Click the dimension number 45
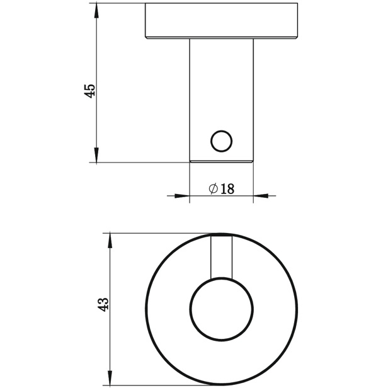click(x=89, y=91)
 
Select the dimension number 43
click(x=103, y=304)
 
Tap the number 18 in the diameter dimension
click(x=227, y=189)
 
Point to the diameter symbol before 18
click(x=214, y=189)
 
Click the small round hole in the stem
click(x=221, y=141)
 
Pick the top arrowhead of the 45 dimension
click(x=96, y=11)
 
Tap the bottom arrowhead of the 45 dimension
click(x=96, y=155)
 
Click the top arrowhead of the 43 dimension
click(x=110, y=241)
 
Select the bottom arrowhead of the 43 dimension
click(x=110, y=378)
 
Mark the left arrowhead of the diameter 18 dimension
click(x=182, y=196)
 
